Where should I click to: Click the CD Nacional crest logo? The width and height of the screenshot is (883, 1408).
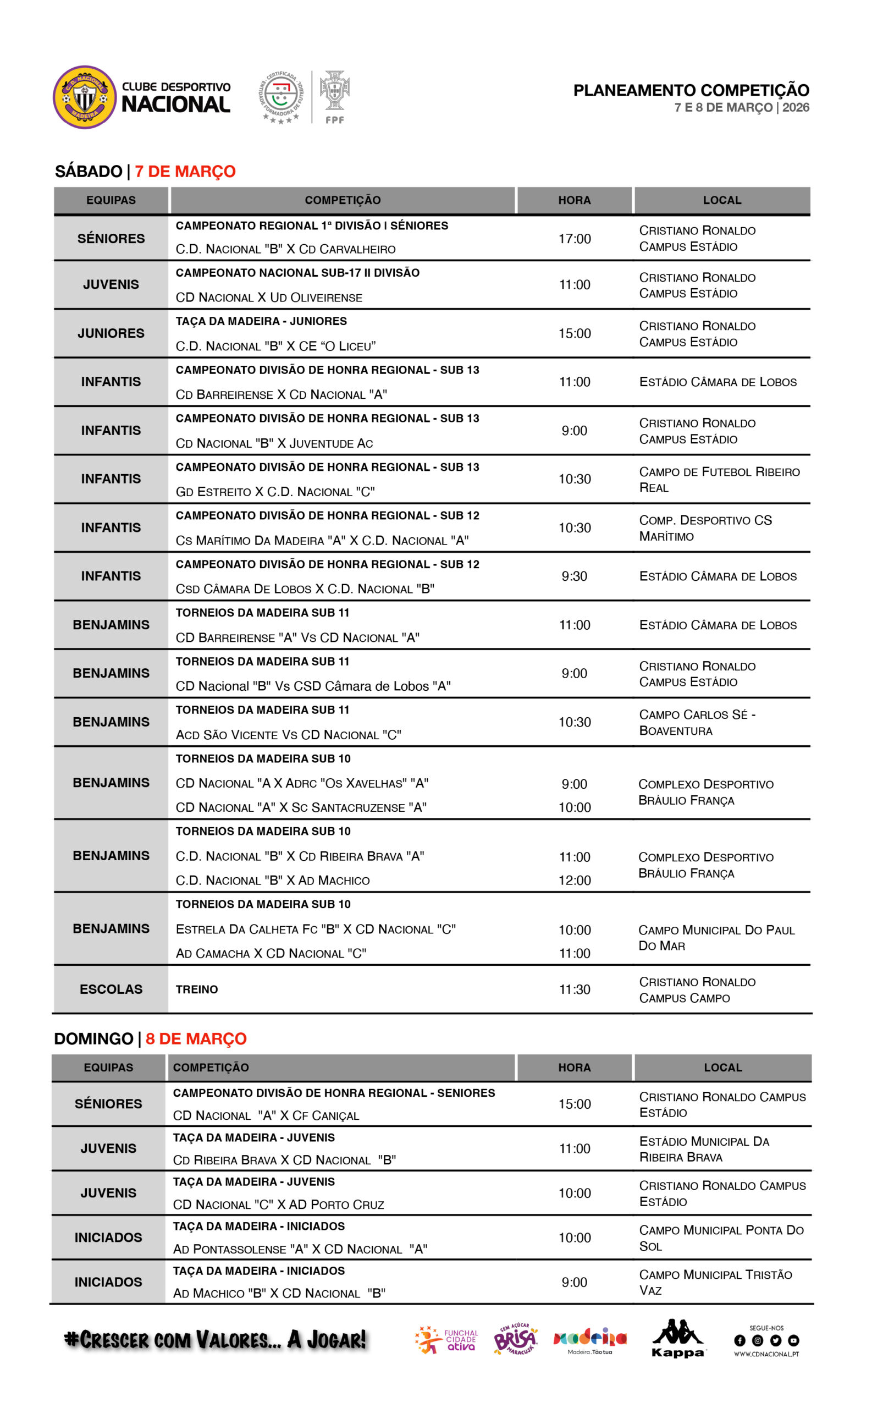click(85, 97)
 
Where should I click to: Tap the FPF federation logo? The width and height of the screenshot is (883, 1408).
click(334, 96)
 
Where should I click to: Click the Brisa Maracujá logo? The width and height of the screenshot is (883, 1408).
click(515, 1339)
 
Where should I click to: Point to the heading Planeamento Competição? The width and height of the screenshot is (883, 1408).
click(691, 91)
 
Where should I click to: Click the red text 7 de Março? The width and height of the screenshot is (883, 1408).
click(185, 171)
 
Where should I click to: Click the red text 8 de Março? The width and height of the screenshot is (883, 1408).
click(196, 1039)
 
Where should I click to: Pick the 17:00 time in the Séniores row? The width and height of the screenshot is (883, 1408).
click(575, 239)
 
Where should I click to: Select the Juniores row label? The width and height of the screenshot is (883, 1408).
click(111, 333)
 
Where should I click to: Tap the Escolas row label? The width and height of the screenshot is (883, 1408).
click(111, 989)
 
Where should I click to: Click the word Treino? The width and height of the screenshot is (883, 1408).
click(197, 989)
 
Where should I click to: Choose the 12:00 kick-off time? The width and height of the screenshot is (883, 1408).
click(575, 881)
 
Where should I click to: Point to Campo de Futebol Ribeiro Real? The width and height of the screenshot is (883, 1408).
click(719, 479)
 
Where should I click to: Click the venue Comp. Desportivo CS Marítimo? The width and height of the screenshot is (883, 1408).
click(705, 527)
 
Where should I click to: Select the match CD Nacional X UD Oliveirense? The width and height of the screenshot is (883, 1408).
click(269, 298)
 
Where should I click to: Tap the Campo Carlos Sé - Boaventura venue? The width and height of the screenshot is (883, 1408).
click(697, 722)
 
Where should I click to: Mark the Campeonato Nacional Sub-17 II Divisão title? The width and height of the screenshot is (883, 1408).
click(297, 273)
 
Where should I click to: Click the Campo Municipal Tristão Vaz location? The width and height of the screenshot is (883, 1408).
click(715, 1282)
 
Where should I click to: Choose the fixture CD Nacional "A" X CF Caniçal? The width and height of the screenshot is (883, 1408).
click(266, 1115)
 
